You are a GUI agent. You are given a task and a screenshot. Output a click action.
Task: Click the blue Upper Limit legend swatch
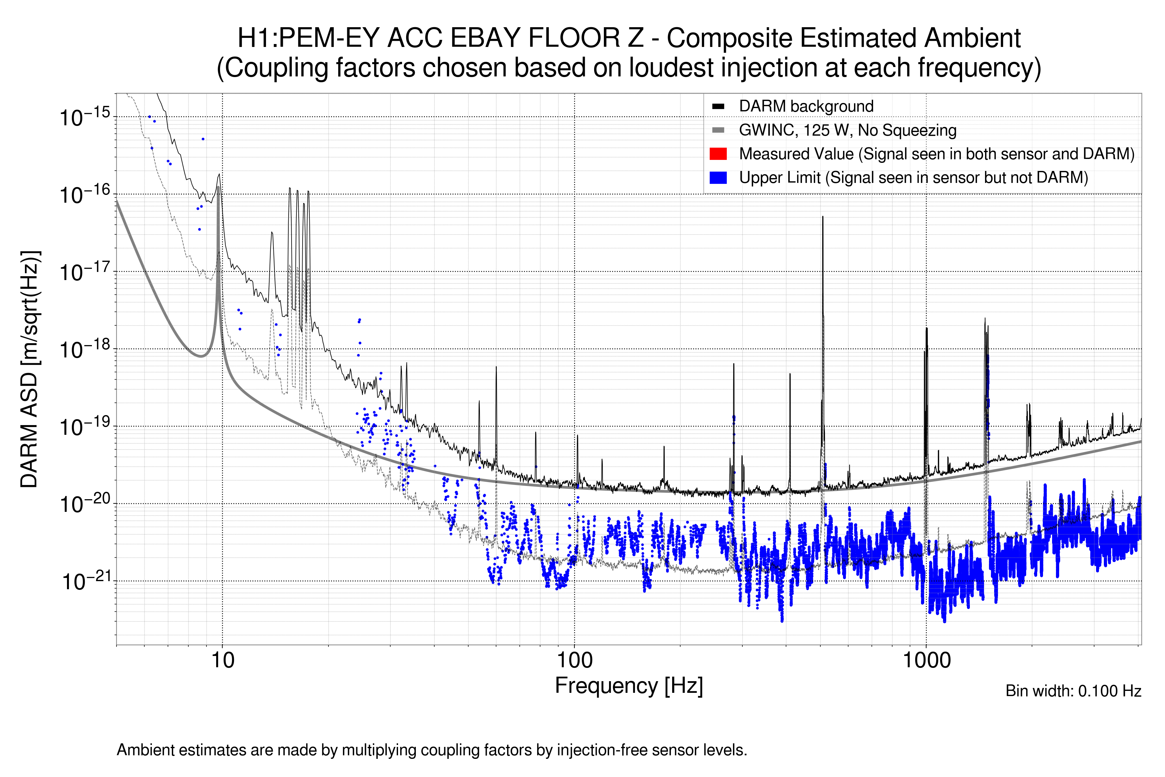pos(718,177)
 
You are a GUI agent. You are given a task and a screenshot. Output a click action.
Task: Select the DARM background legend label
pos(806,106)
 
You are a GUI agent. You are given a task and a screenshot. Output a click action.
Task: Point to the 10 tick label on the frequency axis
pos(222,660)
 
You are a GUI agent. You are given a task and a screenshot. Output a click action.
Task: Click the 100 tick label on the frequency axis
pos(575,660)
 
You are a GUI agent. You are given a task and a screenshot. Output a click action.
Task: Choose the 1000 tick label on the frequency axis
pos(926,660)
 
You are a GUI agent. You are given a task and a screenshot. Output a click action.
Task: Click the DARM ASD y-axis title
pos(30,369)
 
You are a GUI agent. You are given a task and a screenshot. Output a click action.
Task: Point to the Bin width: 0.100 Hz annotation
pos(1073,691)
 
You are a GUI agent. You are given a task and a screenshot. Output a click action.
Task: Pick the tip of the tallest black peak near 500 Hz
pos(823,217)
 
